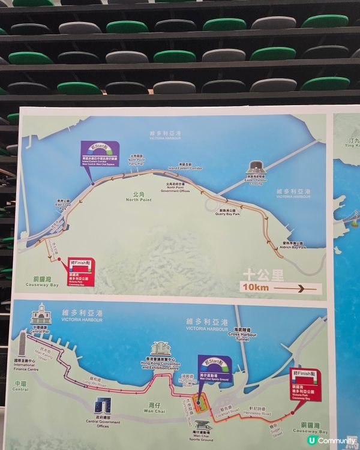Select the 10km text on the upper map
[255, 289]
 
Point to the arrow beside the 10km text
[296, 289]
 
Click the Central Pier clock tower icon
[39, 314]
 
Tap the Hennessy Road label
[258, 415]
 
